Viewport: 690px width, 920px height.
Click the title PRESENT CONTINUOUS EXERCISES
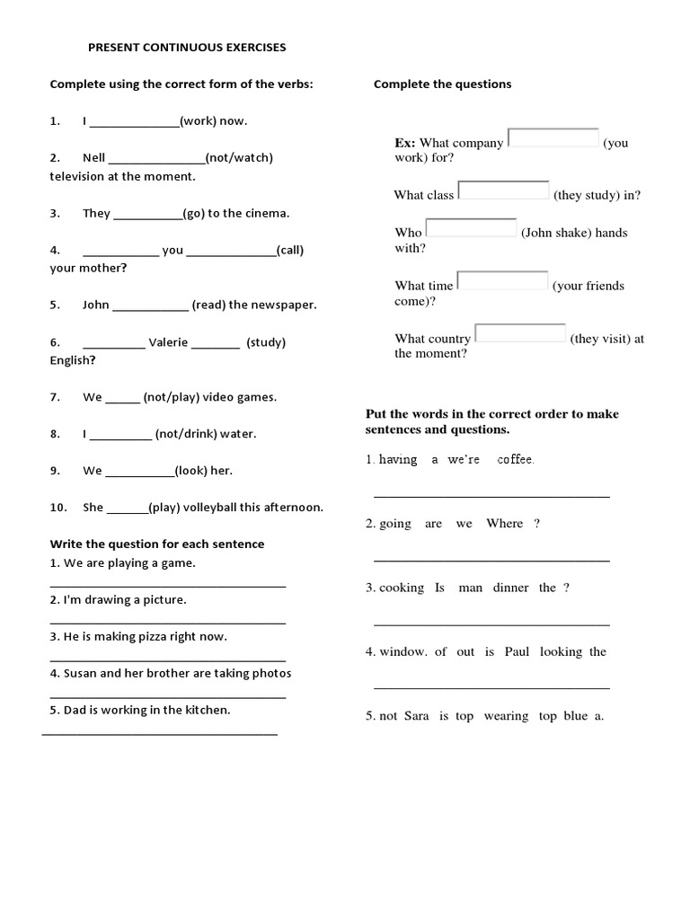(x=187, y=47)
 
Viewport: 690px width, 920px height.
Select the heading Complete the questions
(x=442, y=84)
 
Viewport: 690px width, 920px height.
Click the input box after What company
(x=553, y=137)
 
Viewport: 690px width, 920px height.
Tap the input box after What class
(x=503, y=190)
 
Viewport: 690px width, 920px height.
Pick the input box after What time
(x=502, y=280)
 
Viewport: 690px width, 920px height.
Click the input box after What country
(x=520, y=333)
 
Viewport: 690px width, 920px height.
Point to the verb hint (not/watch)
(x=240, y=157)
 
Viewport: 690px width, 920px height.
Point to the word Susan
(x=80, y=673)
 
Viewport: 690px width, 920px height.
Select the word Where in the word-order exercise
(x=504, y=524)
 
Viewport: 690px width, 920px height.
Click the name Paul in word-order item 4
(x=517, y=651)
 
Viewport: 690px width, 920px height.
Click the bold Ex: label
(x=405, y=143)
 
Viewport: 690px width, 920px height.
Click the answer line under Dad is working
(x=160, y=734)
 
